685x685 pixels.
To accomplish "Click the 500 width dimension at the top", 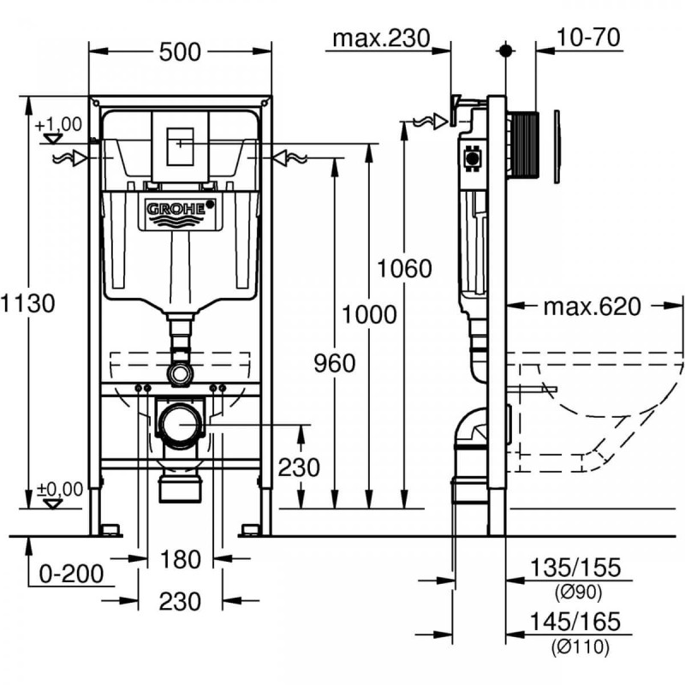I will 180,52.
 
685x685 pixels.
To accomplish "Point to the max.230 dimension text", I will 379,38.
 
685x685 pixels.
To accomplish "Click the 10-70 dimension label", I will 588,38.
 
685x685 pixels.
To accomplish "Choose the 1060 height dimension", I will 405,268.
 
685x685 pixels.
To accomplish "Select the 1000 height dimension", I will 369,314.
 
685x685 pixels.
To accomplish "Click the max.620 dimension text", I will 592,307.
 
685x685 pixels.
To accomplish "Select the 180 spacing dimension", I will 180,560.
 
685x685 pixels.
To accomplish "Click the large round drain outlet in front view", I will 180,426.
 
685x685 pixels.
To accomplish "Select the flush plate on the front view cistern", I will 180,146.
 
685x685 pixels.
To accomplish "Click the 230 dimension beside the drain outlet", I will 300,468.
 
